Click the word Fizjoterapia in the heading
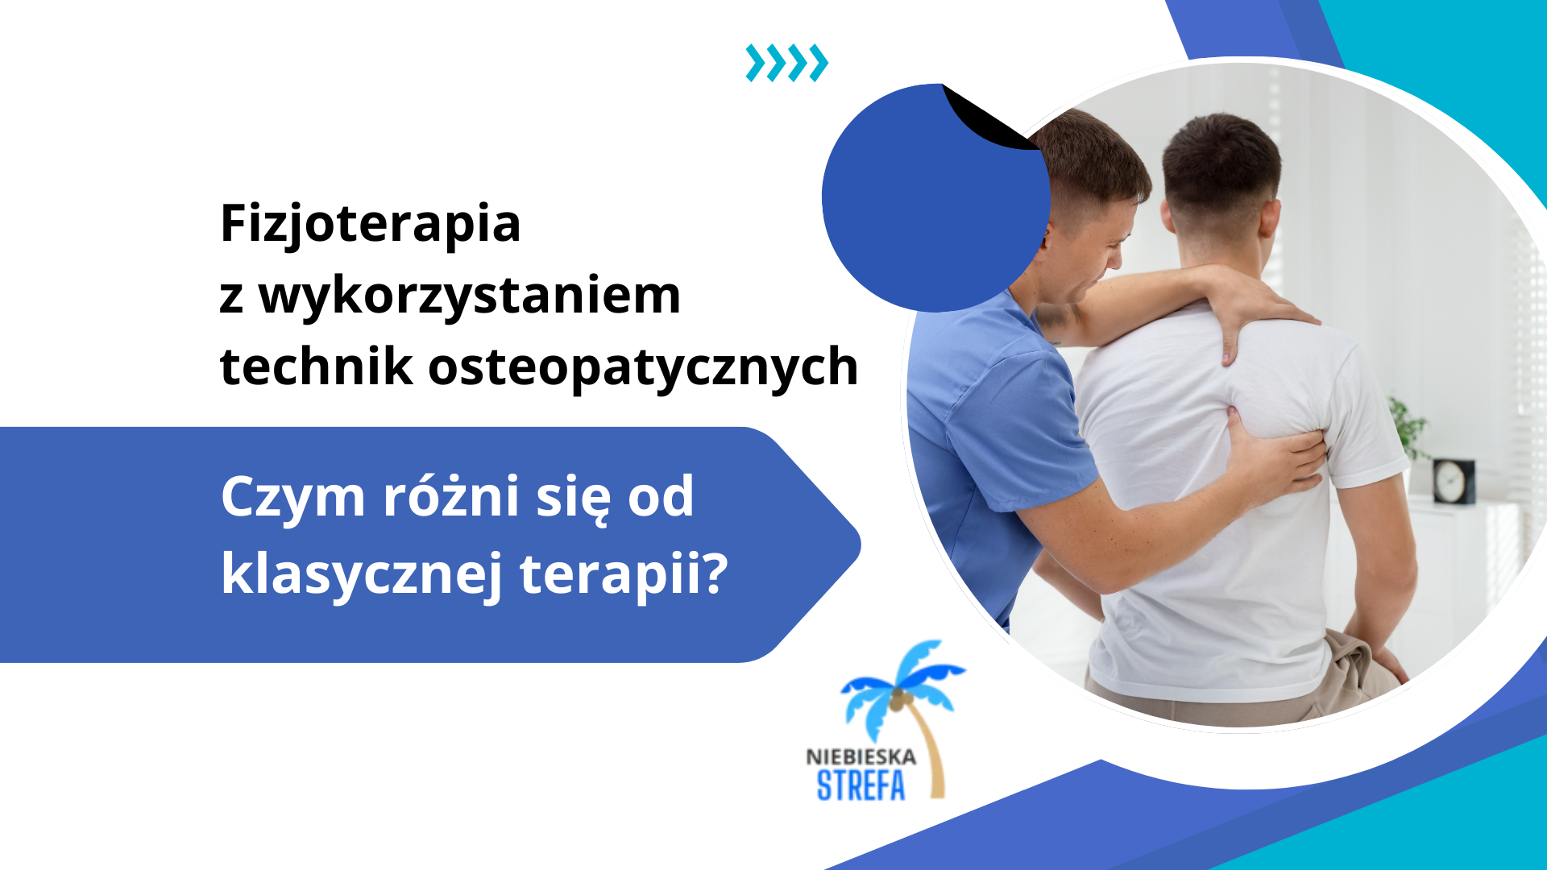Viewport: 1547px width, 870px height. [x=370, y=223]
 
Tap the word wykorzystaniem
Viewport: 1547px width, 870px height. [x=469, y=296]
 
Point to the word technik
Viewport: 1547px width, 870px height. [x=317, y=367]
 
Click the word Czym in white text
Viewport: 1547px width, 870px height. [x=292, y=498]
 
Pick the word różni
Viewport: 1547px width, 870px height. [x=450, y=496]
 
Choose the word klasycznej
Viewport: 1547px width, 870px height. [x=362, y=575]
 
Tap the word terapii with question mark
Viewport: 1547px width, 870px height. [x=623, y=575]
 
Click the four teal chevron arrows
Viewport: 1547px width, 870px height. [x=786, y=63]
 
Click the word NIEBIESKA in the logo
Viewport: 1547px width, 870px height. [x=861, y=757]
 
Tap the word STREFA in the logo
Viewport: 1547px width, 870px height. [x=861, y=785]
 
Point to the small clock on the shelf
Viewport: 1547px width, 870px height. [x=1453, y=481]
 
